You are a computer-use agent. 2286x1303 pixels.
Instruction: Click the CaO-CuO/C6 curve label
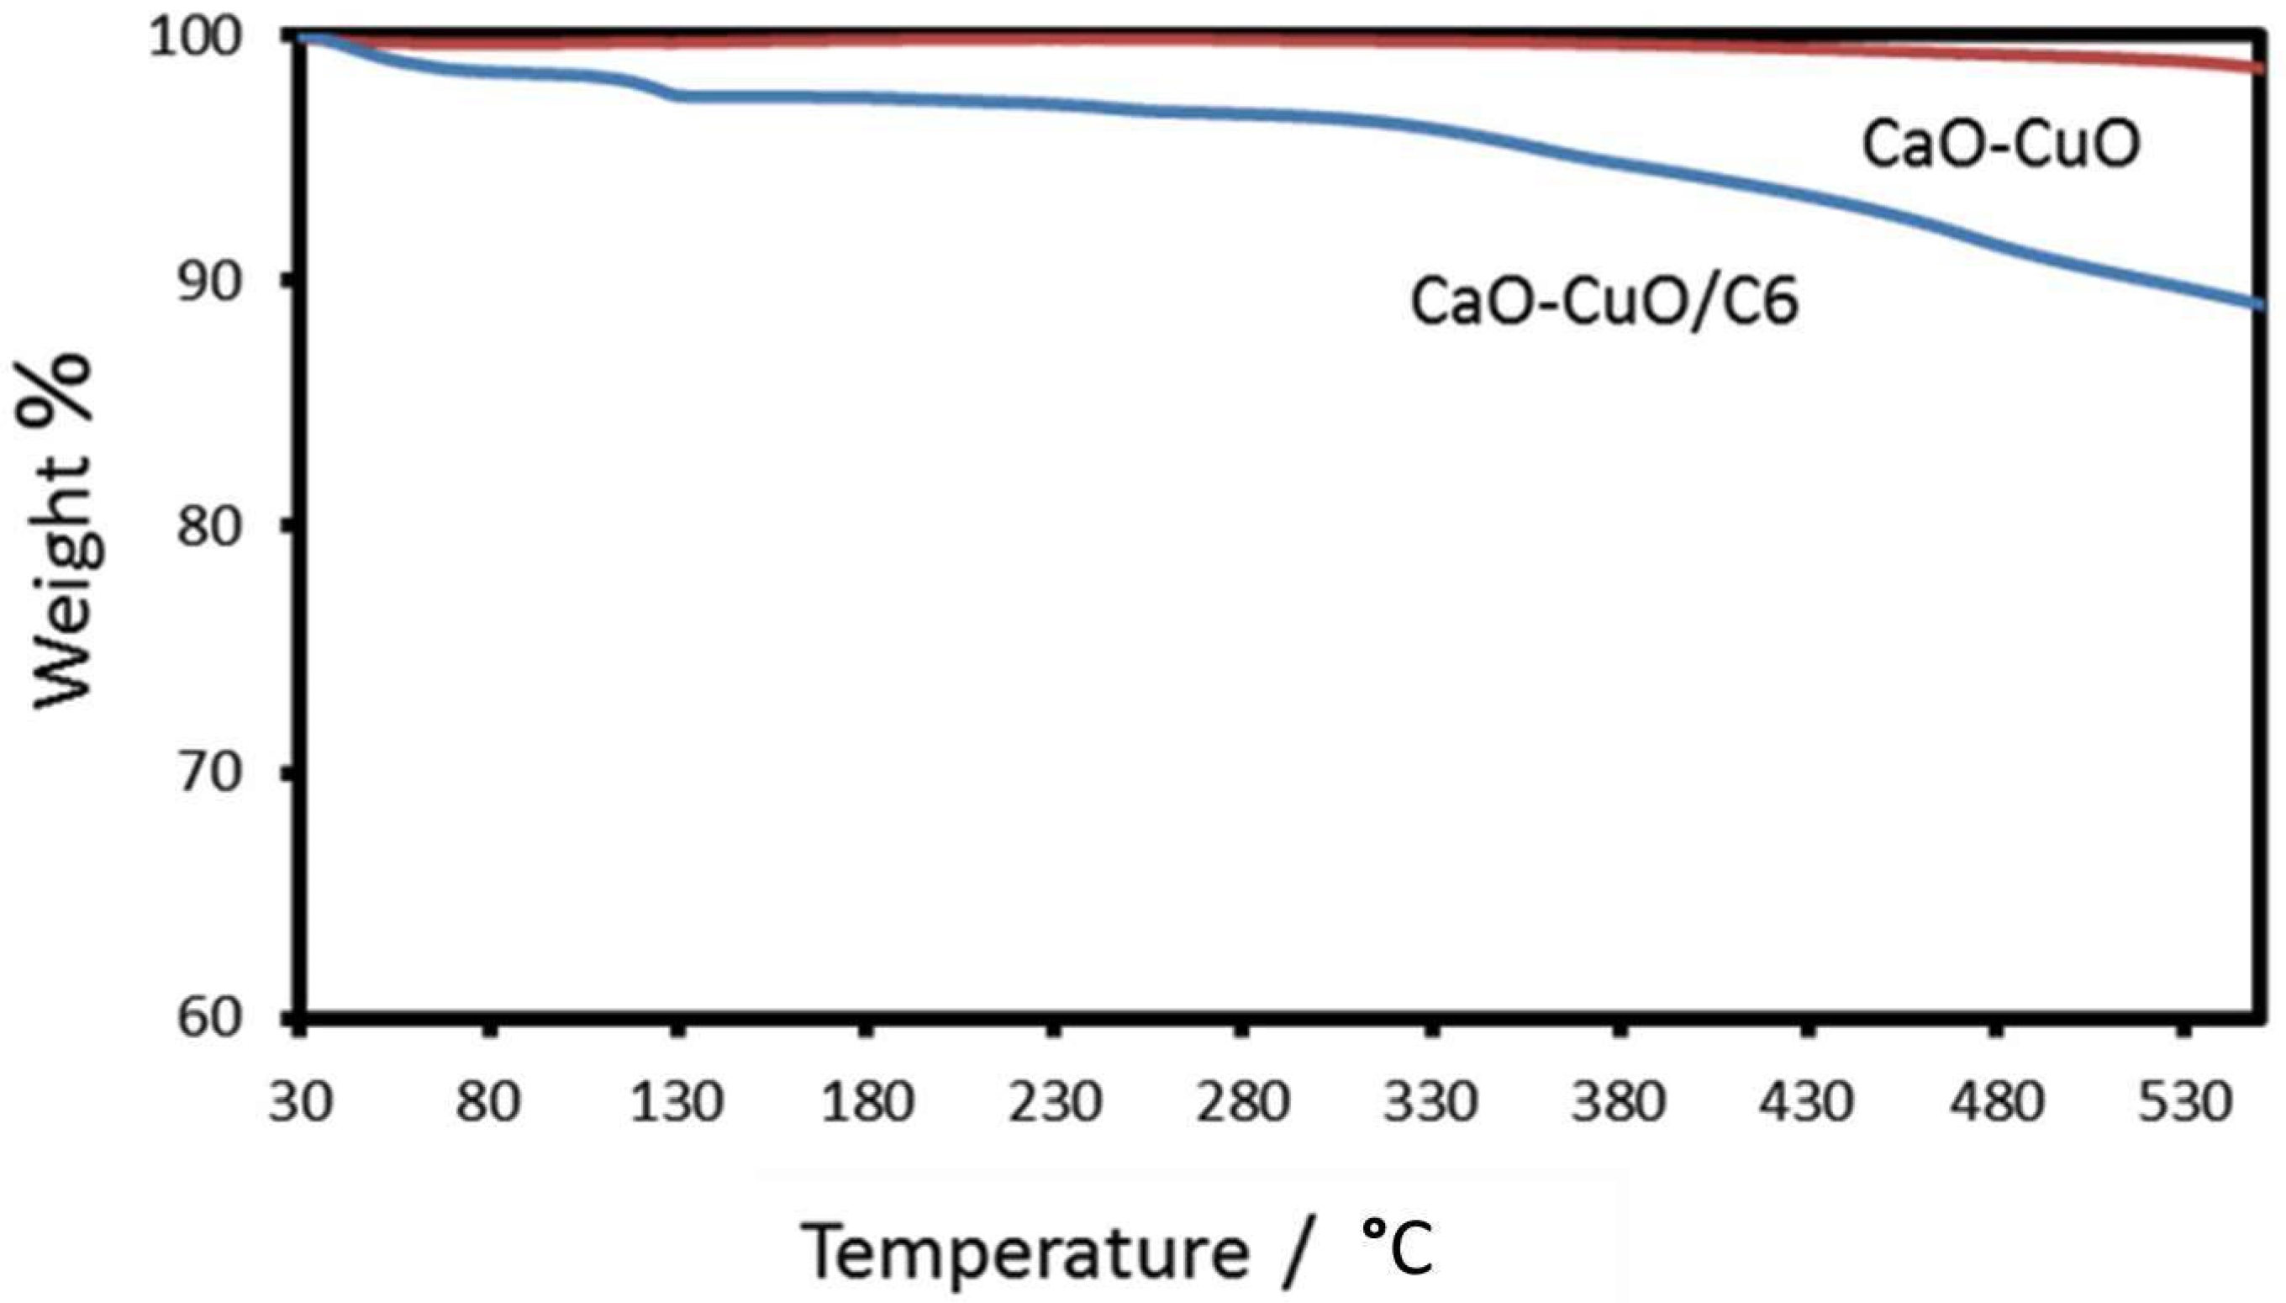[1604, 302]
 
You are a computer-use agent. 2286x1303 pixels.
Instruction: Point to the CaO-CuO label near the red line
[2000, 145]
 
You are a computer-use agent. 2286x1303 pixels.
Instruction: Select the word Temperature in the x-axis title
[1024, 1251]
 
